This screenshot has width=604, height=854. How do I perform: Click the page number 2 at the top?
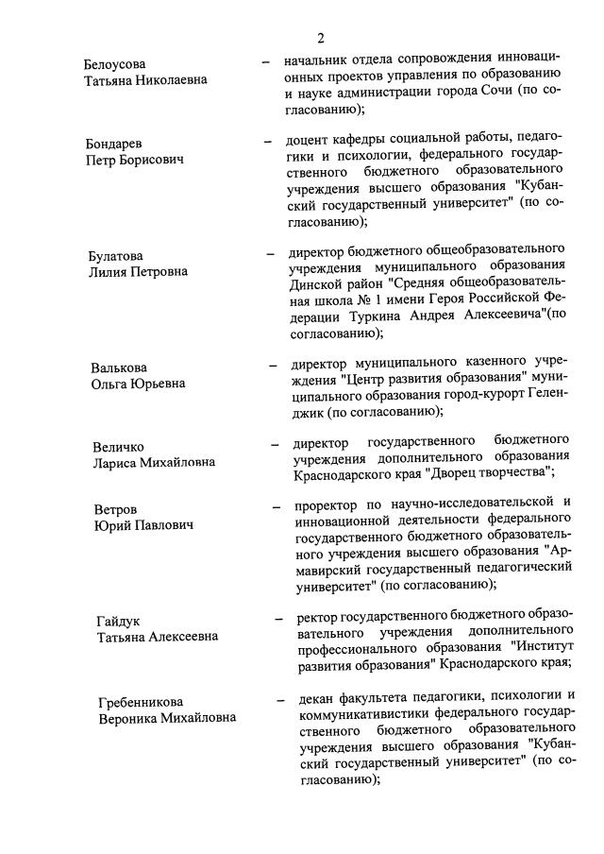321,39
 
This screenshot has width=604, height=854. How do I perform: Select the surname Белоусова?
115,63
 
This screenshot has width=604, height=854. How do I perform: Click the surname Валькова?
119,367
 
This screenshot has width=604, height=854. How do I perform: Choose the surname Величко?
120,446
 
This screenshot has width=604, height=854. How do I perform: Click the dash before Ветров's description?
276,507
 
